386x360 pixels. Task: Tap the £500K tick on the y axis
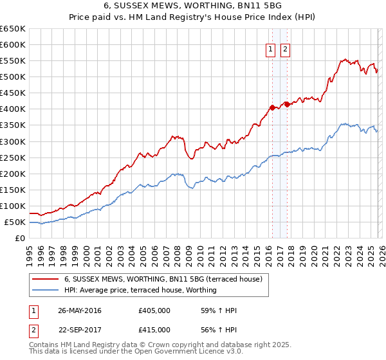(13, 77)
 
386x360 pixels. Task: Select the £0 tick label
(19, 239)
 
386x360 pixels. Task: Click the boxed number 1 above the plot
(270, 51)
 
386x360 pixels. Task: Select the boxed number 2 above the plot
(285, 51)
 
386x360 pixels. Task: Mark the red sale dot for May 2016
(272, 107)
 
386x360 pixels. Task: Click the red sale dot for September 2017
(287, 104)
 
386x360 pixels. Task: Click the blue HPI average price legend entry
(140, 290)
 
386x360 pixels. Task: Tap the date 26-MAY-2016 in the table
(80, 310)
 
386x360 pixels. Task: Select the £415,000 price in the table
(154, 329)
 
